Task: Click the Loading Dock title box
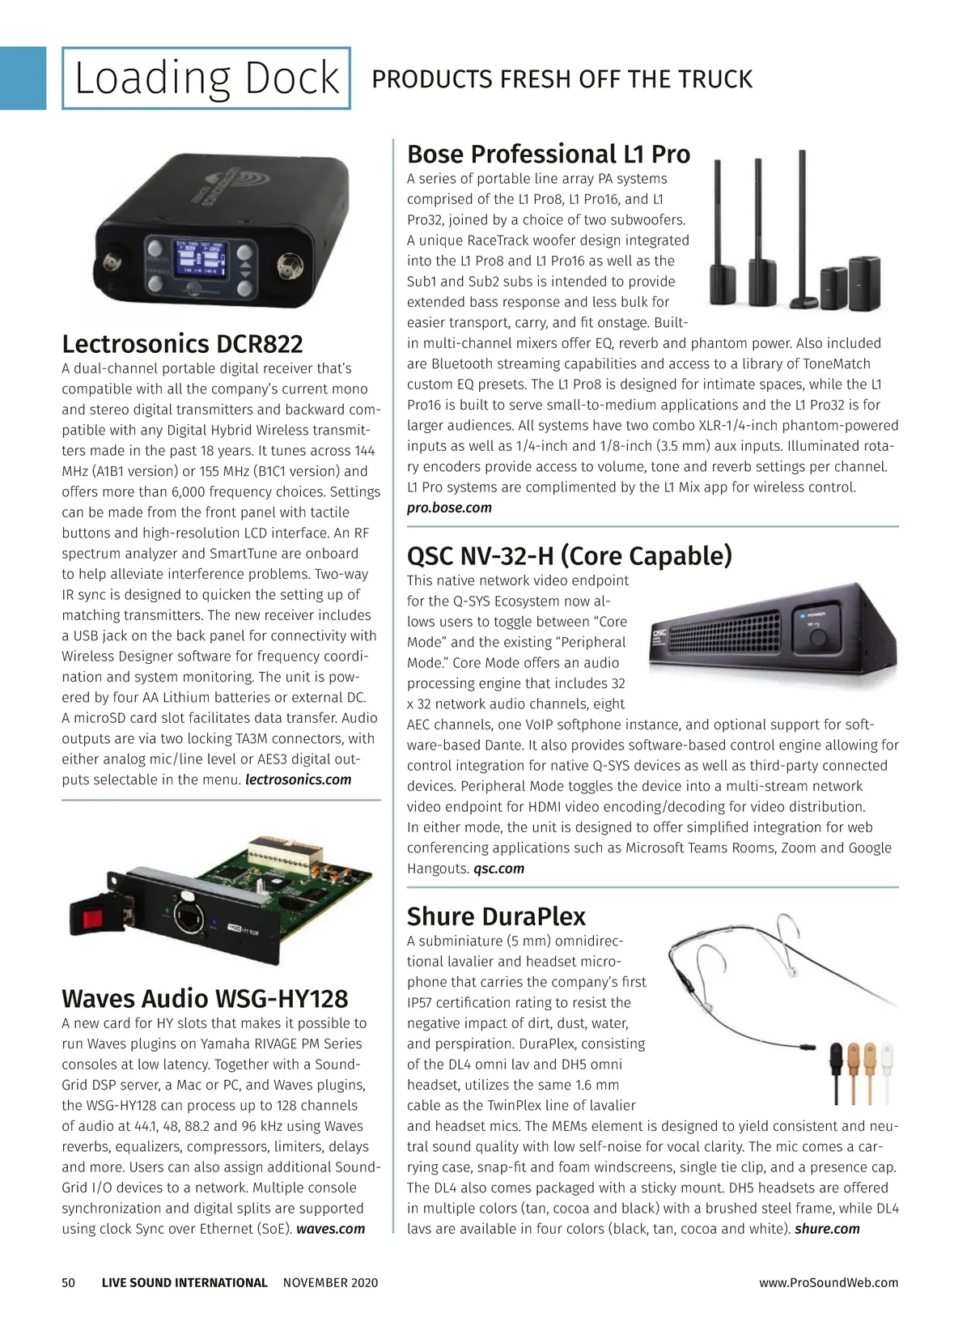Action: coord(206,79)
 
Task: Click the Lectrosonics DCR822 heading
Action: coord(182,344)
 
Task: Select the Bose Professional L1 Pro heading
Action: coord(548,154)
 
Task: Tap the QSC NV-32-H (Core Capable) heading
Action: coord(569,555)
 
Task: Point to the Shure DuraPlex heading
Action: coord(496,916)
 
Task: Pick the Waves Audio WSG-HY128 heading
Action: coord(205,998)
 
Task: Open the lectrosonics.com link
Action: coord(299,780)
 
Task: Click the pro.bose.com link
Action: coord(449,508)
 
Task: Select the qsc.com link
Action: coord(498,869)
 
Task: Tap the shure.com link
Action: coord(827,1229)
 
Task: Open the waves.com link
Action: coord(331,1229)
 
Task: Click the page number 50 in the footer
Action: coord(69,1282)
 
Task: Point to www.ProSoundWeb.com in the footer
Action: coord(829,1282)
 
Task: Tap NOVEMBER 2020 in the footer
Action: coord(330,1282)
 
